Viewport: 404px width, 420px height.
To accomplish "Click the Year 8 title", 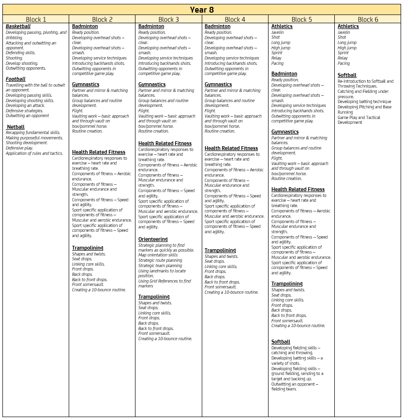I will coord(202,10).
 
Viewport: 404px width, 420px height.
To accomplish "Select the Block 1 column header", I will coord(36,19).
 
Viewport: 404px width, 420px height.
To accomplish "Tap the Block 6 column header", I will coord(368,19).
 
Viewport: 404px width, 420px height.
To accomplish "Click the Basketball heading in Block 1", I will coord(18,27).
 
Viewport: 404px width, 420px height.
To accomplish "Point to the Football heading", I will coord(15,79).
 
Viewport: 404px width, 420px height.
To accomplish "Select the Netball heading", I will coord(15,127).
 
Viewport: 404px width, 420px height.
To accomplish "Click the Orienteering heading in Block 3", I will coord(153,239).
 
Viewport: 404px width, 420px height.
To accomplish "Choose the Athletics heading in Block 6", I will coord(348,27).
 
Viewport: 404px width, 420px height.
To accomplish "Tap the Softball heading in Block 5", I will coord(281,342).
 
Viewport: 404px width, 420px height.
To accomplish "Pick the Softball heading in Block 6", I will coord(347,75).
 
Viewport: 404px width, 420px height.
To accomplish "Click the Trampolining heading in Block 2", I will coord(88,248).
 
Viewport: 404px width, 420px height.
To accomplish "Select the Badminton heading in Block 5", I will coord(284,74).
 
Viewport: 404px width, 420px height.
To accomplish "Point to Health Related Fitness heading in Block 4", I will coord(231,148).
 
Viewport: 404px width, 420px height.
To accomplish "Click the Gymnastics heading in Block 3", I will coord(152,84).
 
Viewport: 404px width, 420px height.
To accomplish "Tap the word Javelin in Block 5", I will coord(278,32).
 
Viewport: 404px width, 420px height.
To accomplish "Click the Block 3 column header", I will coord(168,19).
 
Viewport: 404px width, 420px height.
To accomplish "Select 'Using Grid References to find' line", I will coord(165,281).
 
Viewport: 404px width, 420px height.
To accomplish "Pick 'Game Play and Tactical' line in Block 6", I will coord(359,118).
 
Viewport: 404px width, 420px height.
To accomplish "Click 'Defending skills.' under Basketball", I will coord(20,53).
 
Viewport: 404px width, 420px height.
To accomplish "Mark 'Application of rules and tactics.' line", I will coord(34,153).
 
